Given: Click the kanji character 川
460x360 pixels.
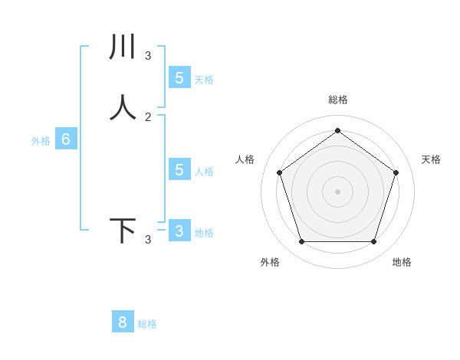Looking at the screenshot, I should coord(123,47).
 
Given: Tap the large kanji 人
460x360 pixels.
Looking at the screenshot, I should coord(123,106).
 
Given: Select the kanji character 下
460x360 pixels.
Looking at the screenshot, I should coord(123,231).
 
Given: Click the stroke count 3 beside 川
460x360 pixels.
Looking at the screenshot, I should coord(148,56).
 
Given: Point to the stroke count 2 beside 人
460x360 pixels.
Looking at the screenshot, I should coord(148,116).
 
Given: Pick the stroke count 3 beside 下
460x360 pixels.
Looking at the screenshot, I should coord(148,241).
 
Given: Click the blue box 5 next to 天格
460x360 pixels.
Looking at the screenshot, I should coord(179,77).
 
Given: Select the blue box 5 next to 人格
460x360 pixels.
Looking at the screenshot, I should coord(179,169).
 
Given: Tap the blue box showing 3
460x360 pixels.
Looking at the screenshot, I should coord(179,231).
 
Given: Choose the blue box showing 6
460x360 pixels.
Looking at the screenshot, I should coord(66,139).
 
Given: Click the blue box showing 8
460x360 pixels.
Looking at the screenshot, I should coord(123,322).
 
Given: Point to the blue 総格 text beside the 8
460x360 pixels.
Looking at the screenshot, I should coord(147,324).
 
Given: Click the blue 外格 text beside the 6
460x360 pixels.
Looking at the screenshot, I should coord(41,141).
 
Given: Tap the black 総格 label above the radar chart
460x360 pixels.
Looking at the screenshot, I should coord(338,100).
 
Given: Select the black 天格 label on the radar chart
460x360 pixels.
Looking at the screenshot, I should coord(432,159).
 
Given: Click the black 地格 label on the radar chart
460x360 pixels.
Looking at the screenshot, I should coord(402,262).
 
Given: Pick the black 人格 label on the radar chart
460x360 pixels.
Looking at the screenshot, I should coord(245,159).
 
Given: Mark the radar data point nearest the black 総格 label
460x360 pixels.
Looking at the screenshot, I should coord(338,131).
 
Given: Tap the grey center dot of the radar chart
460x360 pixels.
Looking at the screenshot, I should coord(338,191).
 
